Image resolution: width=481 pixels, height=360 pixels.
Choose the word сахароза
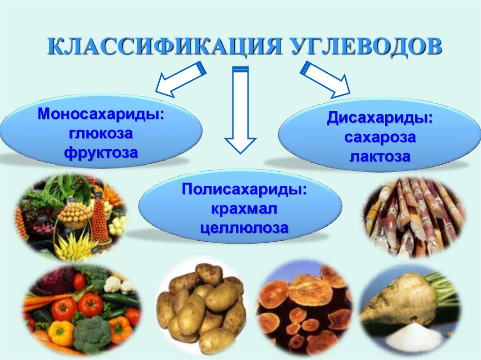pos(380,138)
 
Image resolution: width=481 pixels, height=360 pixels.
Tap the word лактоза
pos(380,156)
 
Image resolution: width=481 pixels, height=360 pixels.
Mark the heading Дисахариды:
pos(380,118)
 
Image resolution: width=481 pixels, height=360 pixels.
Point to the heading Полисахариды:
pos(240,190)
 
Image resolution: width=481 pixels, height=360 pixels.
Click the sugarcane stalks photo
pos(414,216)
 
